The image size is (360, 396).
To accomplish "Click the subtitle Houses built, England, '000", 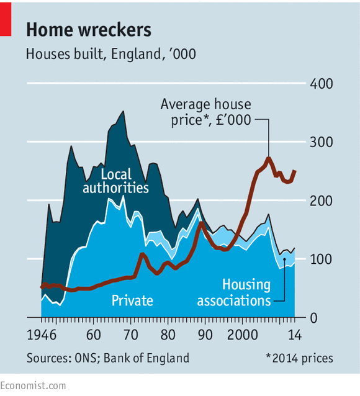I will pos(110,54).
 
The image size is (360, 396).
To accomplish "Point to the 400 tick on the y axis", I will pos(322,84).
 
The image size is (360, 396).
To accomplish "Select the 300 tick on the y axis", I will pos(322,142).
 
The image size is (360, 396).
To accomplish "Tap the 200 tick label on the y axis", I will pos(322,200).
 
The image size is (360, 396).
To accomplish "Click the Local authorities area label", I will pos(115,180).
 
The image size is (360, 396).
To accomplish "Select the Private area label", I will pos(132,300).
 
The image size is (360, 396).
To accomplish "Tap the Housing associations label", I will pos(234,292).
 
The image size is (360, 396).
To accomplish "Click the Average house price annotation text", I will pos(205,112).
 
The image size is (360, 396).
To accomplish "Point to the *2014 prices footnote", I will pos(299,358).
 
